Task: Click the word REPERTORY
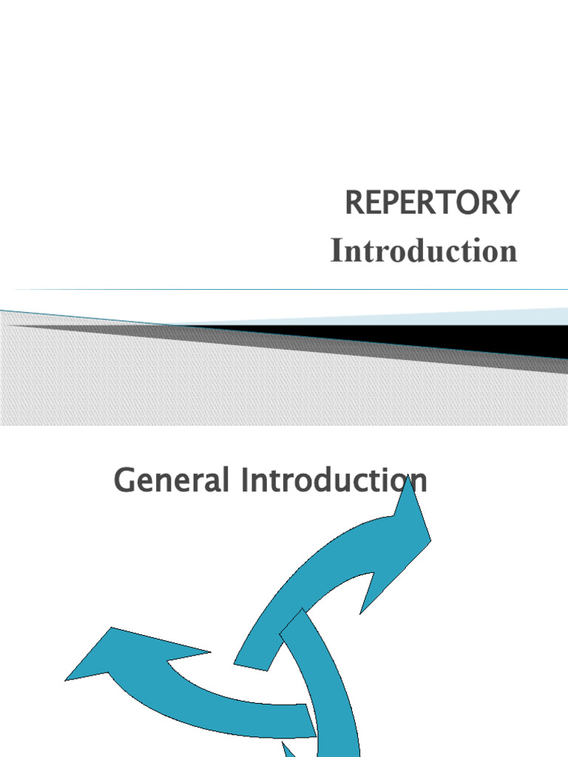click(433, 203)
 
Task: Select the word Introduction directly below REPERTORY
click(424, 251)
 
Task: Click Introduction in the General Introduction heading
click(333, 481)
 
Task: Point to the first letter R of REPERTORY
click(355, 203)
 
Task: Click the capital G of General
click(126, 481)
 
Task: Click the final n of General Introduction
click(418, 481)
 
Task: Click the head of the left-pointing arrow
click(111, 654)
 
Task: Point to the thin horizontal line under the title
click(296, 289)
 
